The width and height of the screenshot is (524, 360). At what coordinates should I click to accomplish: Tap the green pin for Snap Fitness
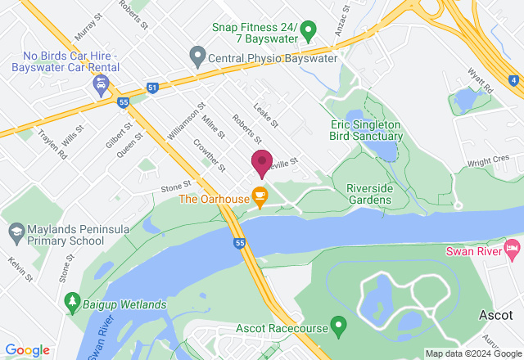[309, 33]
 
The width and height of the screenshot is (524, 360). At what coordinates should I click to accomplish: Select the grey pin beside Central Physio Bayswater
[196, 57]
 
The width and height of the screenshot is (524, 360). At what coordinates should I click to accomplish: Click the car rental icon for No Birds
[100, 84]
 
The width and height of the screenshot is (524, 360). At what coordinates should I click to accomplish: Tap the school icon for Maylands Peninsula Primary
[14, 233]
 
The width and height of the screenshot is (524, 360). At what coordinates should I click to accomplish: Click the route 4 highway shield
[513, 80]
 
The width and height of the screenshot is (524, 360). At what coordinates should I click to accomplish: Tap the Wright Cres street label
[489, 160]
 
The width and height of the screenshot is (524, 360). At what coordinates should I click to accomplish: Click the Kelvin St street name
[20, 269]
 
